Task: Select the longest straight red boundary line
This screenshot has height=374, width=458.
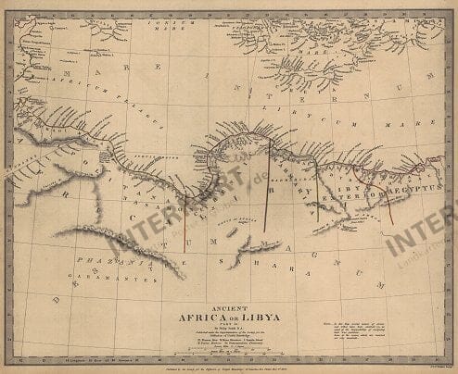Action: [268, 185]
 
